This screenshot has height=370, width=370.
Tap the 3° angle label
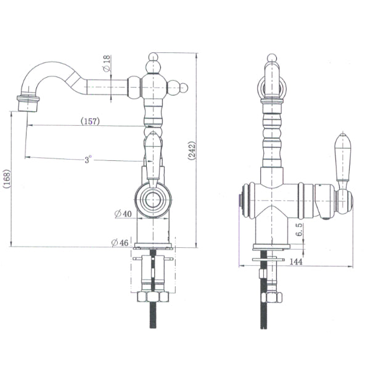pyautogui.click(x=89, y=159)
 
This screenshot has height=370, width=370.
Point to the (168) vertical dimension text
pyautogui.click(x=6, y=179)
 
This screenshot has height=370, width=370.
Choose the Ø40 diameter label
pyautogui.click(x=122, y=214)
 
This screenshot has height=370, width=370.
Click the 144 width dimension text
pyautogui.click(x=297, y=263)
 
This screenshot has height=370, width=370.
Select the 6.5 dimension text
pyautogui.click(x=298, y=230)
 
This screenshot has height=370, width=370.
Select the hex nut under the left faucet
pyautogui.click(x=152, y=296)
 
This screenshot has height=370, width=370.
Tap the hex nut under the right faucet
pyautogui.click(x=270, y=297)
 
